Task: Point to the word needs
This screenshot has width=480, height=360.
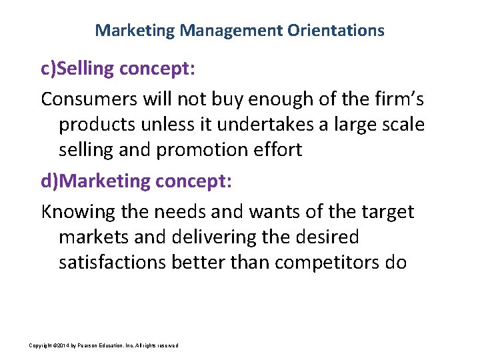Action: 189,212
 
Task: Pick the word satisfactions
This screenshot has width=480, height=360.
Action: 112,263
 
